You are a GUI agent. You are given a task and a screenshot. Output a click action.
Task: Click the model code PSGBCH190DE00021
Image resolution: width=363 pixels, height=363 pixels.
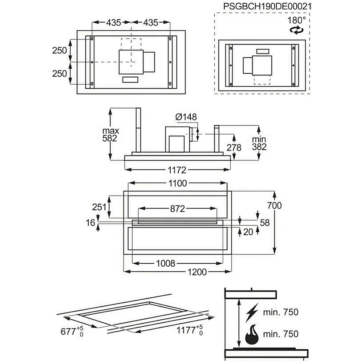click(x=267, y=6)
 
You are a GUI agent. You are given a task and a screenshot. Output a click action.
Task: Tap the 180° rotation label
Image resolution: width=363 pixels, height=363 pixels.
click(x=296, y=21)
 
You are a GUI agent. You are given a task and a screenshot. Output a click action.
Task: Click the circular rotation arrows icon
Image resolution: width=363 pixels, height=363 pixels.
click(x=296, y=30)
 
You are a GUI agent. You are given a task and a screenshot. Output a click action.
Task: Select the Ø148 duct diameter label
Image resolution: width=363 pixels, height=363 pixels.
click(x=186, y=117)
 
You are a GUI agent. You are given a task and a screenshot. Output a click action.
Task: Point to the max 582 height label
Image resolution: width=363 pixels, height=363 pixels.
click(x=111, y=134)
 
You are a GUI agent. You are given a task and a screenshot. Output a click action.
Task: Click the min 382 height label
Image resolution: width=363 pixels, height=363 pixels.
click(x=259, y=143)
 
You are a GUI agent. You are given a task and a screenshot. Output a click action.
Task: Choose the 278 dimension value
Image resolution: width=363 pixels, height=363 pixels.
click(x=234, y=148)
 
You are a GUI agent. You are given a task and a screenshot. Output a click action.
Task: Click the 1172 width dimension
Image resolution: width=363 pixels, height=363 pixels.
click(x=177, y=170)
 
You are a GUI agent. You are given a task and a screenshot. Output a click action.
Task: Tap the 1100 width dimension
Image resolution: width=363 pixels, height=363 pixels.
click(x=177, y=184)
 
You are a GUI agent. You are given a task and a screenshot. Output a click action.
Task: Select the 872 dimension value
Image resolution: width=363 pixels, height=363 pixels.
click(x=177, y=209)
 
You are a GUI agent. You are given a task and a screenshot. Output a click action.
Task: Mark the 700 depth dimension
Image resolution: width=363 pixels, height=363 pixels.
click(x=274, y=205)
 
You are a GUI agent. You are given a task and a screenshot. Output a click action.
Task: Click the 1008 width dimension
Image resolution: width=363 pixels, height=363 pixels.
click(x=165, y=263)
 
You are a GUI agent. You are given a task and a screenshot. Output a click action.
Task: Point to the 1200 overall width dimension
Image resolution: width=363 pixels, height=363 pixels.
click(x=197, y=272)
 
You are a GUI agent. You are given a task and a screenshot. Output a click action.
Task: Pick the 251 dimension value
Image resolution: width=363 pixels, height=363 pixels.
click(x=99, y=207)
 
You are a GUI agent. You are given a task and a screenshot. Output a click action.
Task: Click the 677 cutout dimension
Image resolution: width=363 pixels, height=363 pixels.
click(x=72, y=331)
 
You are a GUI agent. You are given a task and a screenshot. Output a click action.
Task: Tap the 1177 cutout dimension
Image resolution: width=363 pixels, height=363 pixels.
click(x=190, y=330)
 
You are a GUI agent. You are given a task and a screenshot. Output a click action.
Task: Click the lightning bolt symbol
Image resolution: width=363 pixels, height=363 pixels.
click(x=252, y=313)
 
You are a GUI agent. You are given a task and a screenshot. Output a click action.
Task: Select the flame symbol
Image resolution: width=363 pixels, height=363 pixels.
click(x=252, y=334)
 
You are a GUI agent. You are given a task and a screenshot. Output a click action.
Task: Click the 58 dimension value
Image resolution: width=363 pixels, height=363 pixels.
click(x=265, y=223)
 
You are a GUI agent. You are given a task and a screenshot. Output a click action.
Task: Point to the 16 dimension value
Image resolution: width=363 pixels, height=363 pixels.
click(x=90, y=223)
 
